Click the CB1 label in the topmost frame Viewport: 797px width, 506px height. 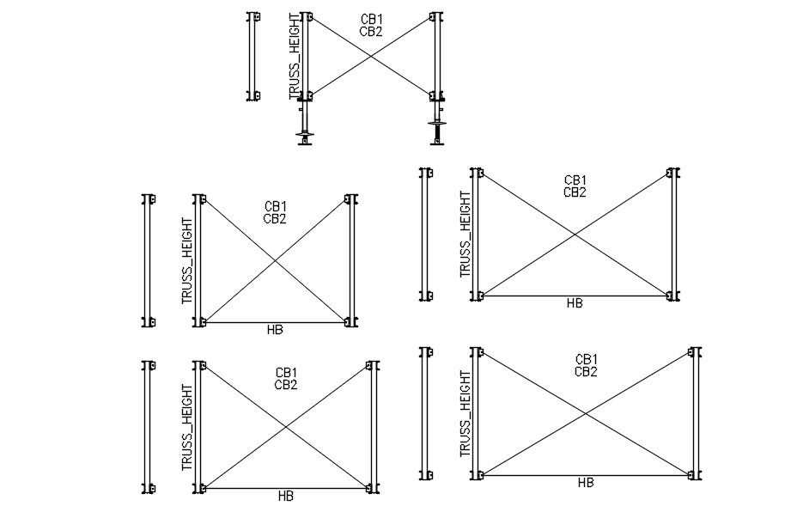(x=371, y=19)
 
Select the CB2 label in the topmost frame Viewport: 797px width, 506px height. (x=371, y=32)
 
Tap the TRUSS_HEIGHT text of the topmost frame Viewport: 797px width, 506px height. (x=295, y=57)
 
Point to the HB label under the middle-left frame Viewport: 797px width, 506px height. (x=275, y=330)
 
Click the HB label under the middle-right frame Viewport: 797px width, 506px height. (x=575, y=302)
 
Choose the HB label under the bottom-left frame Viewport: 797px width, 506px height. (x=286, y=496)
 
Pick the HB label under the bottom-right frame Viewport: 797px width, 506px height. (x=586, y=483)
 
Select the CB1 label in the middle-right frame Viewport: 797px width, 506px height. (x=575, y=180)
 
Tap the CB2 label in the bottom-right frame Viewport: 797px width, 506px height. (x=587, y=372)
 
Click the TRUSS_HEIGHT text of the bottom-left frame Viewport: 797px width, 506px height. (x=187, y=427)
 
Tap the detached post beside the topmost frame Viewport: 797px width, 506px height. (x=252, y=57)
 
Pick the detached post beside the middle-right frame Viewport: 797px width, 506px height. (x=425, y=235)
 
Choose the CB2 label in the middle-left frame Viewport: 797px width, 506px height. (x=275, y=219)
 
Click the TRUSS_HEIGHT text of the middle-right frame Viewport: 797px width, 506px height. (x=465, y=234)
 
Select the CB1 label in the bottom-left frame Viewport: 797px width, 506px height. (x=286, y=372)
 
